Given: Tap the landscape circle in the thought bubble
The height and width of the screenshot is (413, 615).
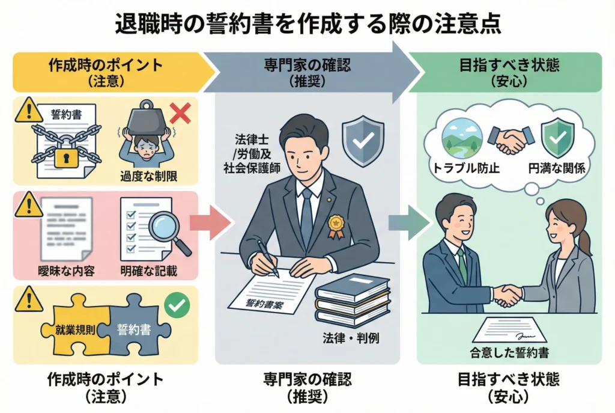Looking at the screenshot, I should pyautogui.click(x=461, y=138).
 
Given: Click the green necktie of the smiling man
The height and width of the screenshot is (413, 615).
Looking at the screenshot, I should pyautogui.click(x=462, y=265).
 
